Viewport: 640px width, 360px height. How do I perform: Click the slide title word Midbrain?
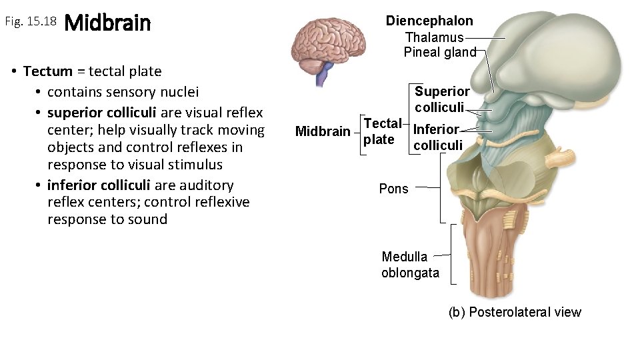click(108, 23)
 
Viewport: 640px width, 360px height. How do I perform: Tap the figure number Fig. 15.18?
click(31, 22)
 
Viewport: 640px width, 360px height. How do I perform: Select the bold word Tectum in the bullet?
click(48, 71)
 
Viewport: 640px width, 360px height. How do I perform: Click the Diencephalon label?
click(429, 21)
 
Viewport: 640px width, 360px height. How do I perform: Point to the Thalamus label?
click(434, 37)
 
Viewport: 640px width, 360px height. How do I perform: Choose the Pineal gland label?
click(440, 52)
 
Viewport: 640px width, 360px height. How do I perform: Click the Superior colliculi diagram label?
click(441, 99)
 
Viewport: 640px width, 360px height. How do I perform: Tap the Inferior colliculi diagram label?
click(437, 137)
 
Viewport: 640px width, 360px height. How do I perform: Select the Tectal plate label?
click(382, 131)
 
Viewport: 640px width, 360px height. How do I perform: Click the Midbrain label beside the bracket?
click(322, 131)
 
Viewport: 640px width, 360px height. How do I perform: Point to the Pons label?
click(393, 189)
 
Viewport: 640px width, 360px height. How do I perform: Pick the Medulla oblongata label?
click(410, 265)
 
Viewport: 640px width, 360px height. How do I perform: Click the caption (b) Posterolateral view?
click(515, 312)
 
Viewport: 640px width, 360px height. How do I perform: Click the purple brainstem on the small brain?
click(325, 74)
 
